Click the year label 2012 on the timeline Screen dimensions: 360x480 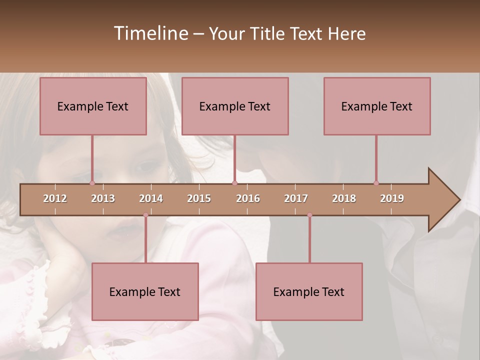click(x=55, y=198)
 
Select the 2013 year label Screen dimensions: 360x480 click(x=103, y=198)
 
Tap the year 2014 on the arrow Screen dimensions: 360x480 click(x=151, y=198)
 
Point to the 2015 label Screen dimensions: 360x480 click(x=199, y=198)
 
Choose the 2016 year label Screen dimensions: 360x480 click(x=248, y=198)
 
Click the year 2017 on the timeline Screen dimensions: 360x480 click(x=296, y=198)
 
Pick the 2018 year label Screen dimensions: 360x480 click(x=344, y=198)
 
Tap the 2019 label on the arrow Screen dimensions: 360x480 click(x=392, y=198)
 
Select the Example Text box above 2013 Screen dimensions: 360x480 click(x=93, y=106)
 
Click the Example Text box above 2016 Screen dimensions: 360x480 click(x=235, y=106)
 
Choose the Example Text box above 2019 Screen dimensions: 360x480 click(x=377, y=106)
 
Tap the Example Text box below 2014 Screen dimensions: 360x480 click(x=145, y=291)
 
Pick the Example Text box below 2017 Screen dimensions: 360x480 click(x=309, y=291)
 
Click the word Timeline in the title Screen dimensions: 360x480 click(x=150, y=33)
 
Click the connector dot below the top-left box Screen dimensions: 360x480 click(x=92, y=183)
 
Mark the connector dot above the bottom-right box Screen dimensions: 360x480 click(x=309, y=215)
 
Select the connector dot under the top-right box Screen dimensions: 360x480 click(x=376, y=183)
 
